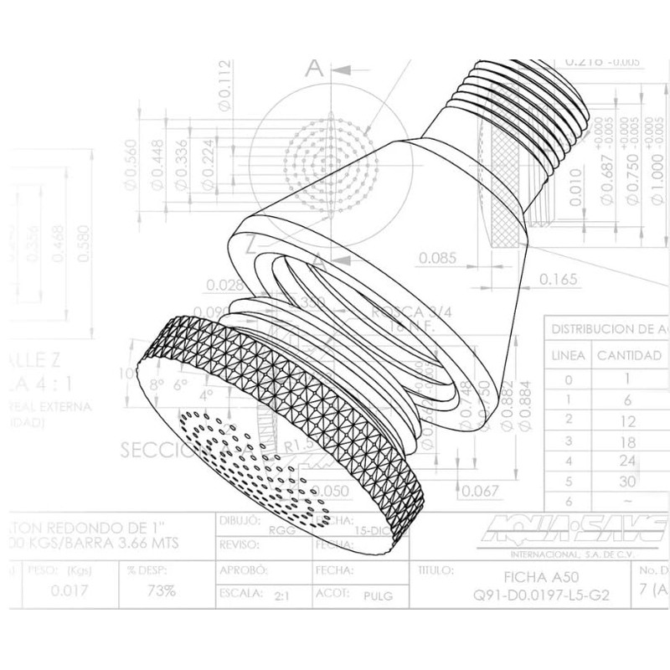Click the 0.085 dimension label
tap(438, 257)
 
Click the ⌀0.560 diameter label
tap(130, 163)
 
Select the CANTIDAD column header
tap(628, 355)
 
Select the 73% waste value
tap(162, 590)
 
